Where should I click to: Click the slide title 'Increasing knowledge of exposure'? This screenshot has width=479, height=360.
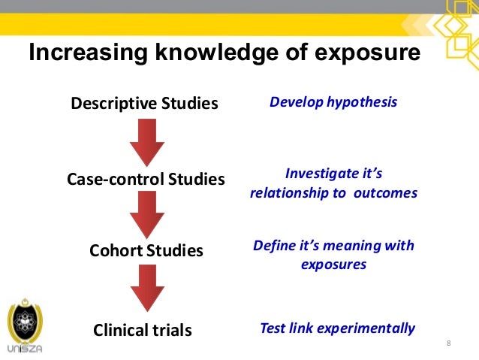point(223,55)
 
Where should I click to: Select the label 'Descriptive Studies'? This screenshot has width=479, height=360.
point(144,103)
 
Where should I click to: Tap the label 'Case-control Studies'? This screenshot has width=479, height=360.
point(146,180)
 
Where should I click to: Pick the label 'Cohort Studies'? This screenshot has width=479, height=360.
point(146,250)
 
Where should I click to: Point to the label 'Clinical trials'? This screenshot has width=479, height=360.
point(143,330)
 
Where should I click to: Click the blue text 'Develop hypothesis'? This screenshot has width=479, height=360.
point(333,101)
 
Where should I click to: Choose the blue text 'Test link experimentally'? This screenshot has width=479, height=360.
point(337,328)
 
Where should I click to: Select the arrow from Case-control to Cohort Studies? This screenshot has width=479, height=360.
point(147,213)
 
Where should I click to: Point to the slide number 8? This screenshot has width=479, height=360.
point(448,344)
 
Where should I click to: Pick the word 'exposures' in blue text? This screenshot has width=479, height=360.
point(333,265)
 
